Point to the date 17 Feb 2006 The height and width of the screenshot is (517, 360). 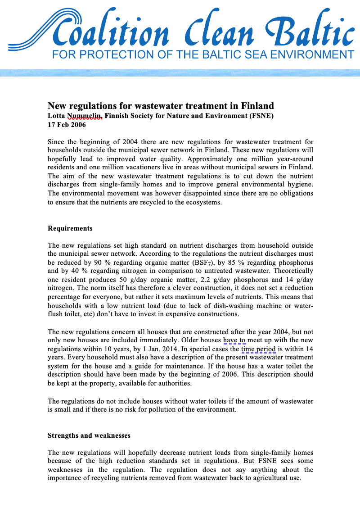tap(67, 125)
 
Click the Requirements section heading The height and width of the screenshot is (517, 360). tap(70, 228)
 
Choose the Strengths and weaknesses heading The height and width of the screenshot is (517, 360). tap(89, 435)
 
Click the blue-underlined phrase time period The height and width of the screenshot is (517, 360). tap(258, 349)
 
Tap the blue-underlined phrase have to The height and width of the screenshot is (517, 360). tap(234, 340)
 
